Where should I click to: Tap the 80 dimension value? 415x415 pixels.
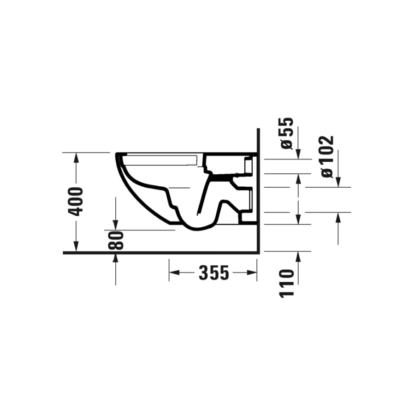click(116, 240)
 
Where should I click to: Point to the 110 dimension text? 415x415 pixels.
click(287, 284)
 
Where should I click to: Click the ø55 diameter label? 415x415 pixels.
click(287, 133)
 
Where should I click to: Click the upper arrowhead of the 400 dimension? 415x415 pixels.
click(76, 158)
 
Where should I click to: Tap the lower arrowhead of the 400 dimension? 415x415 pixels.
click(76, 246)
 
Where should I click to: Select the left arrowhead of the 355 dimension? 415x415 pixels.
click(174, 273)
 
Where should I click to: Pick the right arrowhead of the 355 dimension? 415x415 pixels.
click(251, 273)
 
